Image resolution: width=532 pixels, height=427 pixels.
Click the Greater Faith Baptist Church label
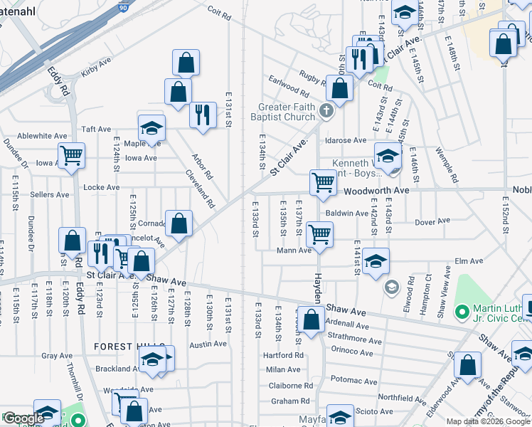[x=286, y=112]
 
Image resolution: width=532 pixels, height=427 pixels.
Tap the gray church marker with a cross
[x=326, y=110]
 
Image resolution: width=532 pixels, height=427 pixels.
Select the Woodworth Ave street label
[x=377, y=191]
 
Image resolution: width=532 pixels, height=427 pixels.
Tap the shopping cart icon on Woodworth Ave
[x=323, y=182]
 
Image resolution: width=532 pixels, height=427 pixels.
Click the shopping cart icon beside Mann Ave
[x=320, y=233]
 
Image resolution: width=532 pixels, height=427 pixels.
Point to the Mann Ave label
[x=295, y=251]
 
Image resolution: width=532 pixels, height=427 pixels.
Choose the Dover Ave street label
[x=434, y=221]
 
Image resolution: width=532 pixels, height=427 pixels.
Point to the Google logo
[x=23, y=418]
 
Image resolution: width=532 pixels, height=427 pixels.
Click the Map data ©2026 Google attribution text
[x=488, y=421]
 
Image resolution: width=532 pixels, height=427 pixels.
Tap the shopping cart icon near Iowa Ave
[x=72, y=154]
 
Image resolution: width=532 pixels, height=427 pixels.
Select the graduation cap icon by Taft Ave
[x=151, y=128]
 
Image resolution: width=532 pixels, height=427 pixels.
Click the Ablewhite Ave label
[x=43, y=136]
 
